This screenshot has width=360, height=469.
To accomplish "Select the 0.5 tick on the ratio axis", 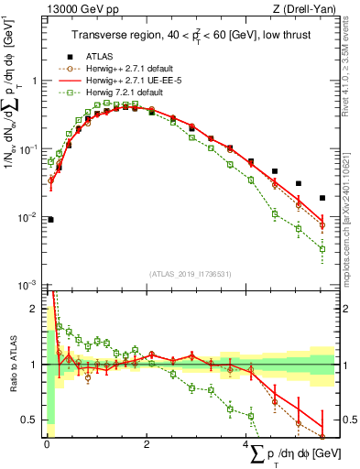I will [33, 420].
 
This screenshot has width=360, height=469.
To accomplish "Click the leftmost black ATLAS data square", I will [49, 220].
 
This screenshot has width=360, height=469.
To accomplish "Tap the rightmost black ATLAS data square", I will [322, 198].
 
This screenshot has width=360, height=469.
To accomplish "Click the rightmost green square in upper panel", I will [322, 248].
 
